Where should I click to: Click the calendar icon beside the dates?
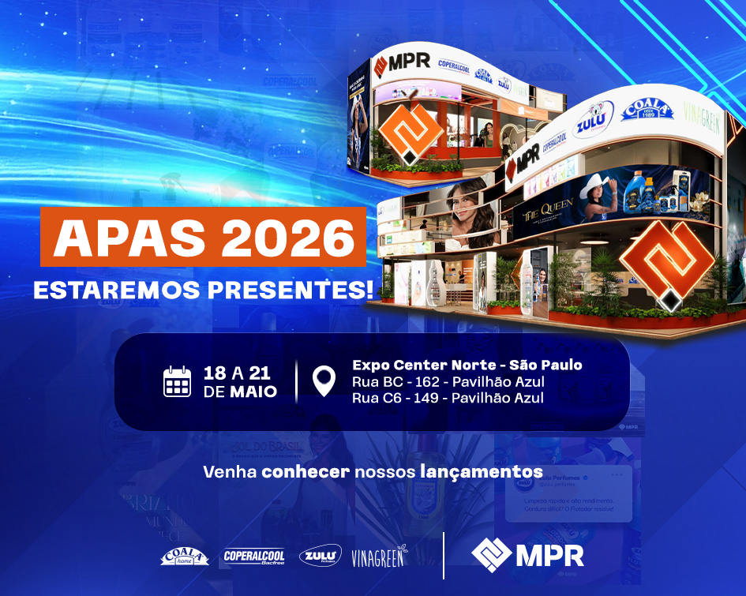(x=178, y=381)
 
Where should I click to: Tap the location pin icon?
(x=324, y=381)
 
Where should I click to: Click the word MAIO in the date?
(x=253, y=391)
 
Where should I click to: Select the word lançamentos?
(x=489, y=472)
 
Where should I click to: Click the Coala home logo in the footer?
(x=185, y=556)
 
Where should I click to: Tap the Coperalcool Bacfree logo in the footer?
(x=254, y=556)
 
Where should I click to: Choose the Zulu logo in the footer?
(x=321, y=556)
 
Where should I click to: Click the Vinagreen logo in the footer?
(x=380, y=556)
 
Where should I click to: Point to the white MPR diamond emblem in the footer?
(x=490, y=554)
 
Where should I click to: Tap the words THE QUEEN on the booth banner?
(x=545, y=212)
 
